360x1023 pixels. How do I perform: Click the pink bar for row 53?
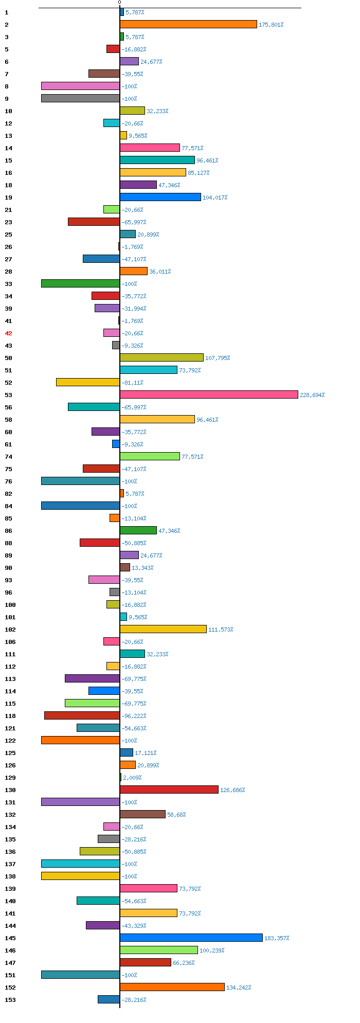[x=209, y=394]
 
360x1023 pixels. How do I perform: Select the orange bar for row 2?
[x=188, y=24]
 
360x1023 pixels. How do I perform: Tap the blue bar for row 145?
[x=191, y=938]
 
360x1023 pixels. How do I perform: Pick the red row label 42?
[x=8, y=333]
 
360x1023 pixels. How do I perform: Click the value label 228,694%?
[x=312, y=395]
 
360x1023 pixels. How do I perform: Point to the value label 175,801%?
[x=271, y=25]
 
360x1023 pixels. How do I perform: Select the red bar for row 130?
[x=169, y=789]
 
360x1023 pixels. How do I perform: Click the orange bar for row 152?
[x=172, y=987]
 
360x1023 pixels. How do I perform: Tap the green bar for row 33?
[x=80, y=283]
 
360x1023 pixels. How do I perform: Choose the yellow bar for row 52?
[x=88, y=382]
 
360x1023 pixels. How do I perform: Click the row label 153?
[x=10, y=1000]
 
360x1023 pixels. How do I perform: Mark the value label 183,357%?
[x=277, y=938]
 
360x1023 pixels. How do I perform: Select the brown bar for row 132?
[x=142, y=814]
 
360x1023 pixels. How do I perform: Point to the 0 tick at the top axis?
[x=119, y=3]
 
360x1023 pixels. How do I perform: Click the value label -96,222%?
[x=134, y=716]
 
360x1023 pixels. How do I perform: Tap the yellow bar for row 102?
[x=163, y=629]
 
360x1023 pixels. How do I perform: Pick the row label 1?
[x=6, y=12]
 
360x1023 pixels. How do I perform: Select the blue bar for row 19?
[x=160, y=197]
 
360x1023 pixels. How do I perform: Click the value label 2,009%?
[x=132, y=778]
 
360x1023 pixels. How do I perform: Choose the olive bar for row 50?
[x=161, y=357]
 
